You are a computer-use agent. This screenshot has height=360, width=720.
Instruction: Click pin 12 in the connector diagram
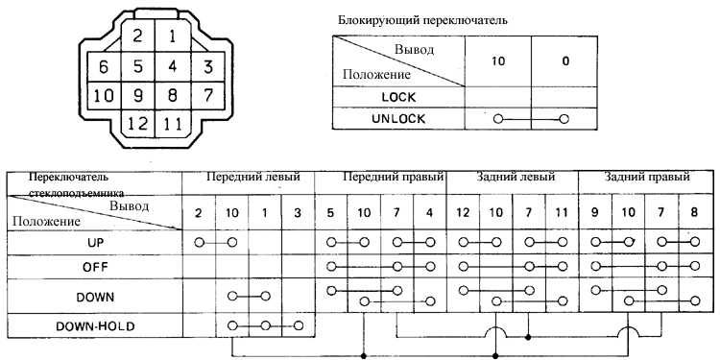(x=137, y=124)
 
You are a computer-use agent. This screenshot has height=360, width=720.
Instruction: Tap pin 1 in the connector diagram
(x=172, y=36)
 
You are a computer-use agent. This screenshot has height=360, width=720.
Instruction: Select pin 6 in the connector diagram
(x=104, y=67)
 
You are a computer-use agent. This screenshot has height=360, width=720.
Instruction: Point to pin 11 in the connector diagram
(x=172, y=125)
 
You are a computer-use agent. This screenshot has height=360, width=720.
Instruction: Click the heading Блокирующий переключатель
(x=422, y=20)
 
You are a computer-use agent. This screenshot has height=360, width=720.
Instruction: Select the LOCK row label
(x=398, y=97)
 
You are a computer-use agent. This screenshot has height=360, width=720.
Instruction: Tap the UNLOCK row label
(x=398, y=119)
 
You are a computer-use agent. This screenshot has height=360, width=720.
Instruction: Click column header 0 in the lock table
(x=565, y=61)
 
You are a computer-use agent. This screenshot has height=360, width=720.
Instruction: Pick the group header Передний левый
(x=253, y=177)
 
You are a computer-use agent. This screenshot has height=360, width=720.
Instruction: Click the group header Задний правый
(x=647, y=177)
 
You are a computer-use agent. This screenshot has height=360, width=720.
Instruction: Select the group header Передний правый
(x=394, y=177)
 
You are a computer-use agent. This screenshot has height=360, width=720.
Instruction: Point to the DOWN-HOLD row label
(x=95, y=327)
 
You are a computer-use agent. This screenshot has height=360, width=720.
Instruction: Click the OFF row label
(x=95, y=266)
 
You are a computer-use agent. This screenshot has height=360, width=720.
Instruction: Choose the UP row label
(x=95, y=243)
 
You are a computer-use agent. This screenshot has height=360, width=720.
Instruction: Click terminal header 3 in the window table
(x=299, y=213)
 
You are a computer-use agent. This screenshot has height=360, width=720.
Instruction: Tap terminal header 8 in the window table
(x=694, y=213)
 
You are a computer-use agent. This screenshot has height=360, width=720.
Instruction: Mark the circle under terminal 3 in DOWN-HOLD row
(x=299, y=325)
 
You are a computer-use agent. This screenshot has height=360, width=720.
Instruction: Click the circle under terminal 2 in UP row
(x=199, y=242)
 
